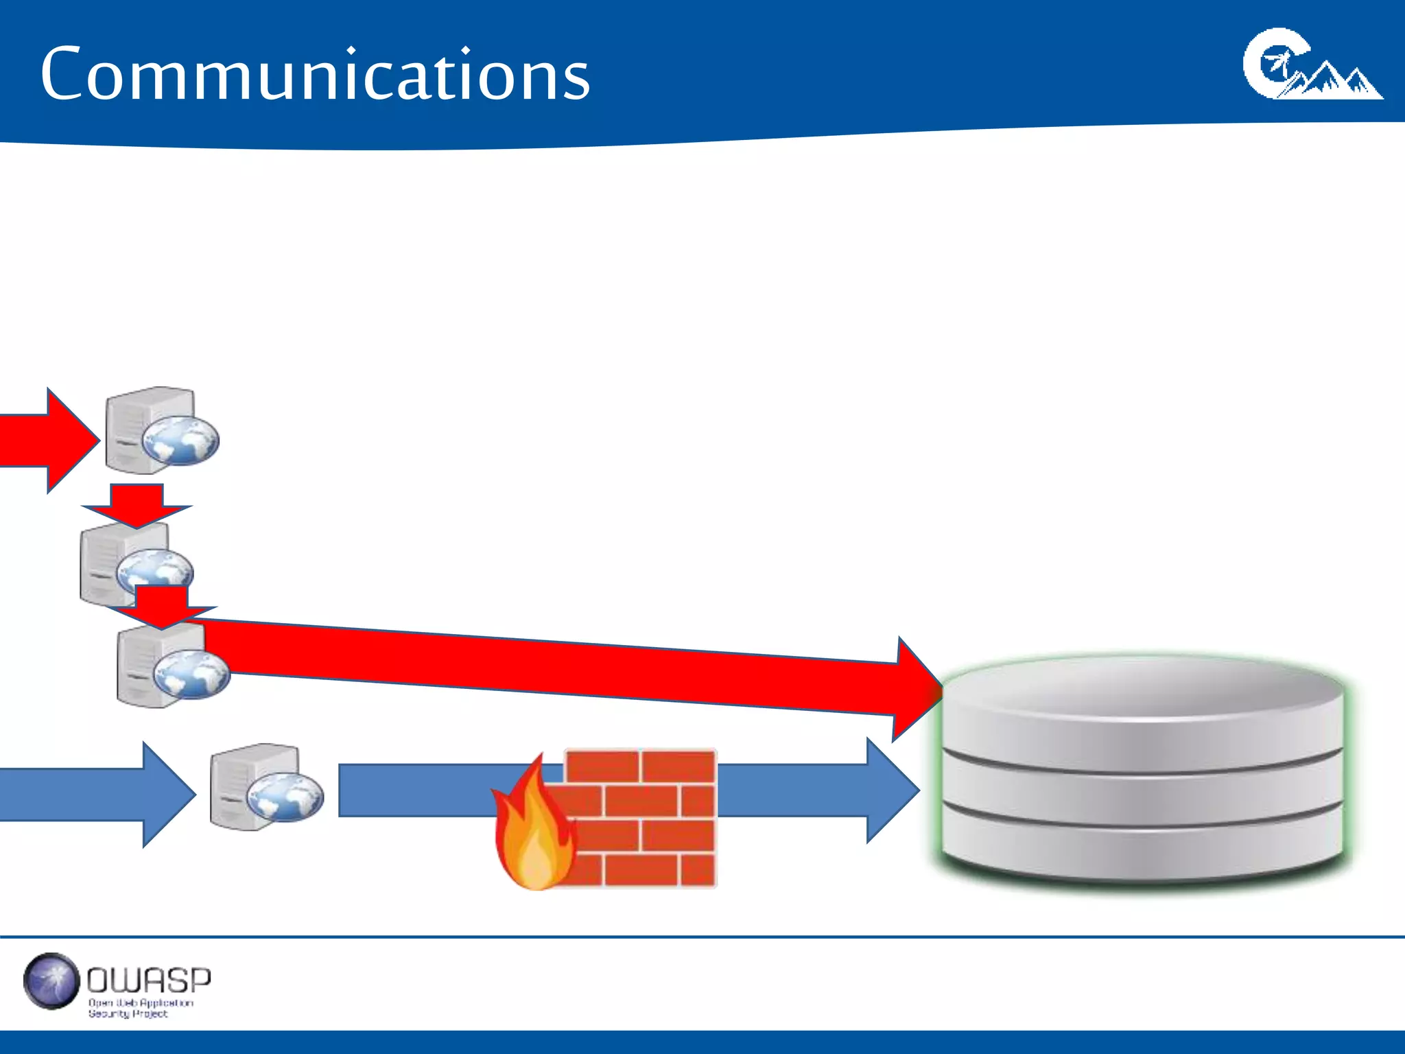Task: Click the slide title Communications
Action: [315, 74]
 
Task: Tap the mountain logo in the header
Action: [1312, 65]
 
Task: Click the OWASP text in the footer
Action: [149, 980]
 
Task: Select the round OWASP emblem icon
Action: [51, 981]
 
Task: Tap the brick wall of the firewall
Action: [641, 817]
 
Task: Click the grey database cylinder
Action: [1142, 789]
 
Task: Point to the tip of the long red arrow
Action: [938, 690]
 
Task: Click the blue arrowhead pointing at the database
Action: [892, 790]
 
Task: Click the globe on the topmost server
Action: [180, 440]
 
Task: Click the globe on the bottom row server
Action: [285, 797]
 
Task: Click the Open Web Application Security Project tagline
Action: [140, 1008]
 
